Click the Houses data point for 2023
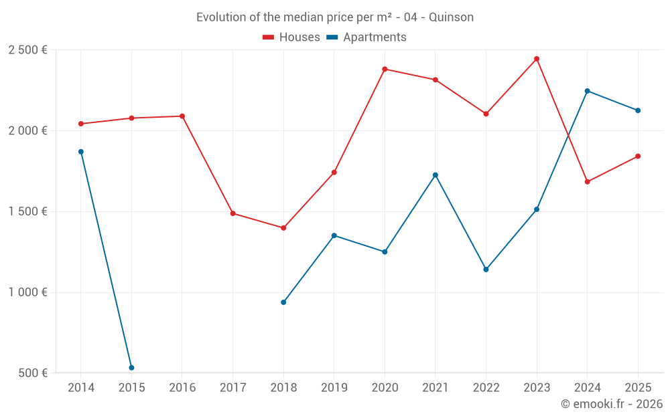tap(537, 59)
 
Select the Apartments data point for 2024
tap(588, 91)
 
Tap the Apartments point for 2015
tap(131, 368)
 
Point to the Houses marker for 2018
tap(283, 228)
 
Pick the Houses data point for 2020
tap(385, 69)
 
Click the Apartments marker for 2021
tap(435, 175)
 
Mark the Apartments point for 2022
tap(486, 270)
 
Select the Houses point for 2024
tap(588, 182)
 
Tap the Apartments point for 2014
tap(81, 152)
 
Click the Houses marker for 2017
tap(232, 213)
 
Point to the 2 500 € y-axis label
tap(28, 50)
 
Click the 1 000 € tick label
tap(28, 292)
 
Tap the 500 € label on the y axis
tap(32, 373)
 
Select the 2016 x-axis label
tap(182, 388)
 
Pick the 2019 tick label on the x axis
tap(334, 388)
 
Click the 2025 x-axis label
tap(638, 388)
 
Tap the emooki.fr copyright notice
tap(612, 404)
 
